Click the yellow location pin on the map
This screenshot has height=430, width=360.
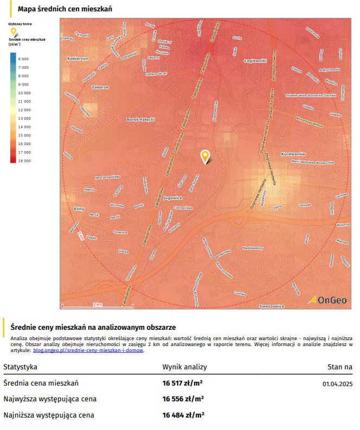205,156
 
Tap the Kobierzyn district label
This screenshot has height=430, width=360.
77,58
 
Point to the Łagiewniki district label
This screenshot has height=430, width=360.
255,61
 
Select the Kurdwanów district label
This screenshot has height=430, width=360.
294,154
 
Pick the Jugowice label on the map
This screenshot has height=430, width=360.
172,198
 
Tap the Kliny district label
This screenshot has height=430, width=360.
79,209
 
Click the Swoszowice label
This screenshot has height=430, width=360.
272,306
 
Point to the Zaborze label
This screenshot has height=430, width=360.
100,87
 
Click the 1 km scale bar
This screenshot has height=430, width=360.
98,306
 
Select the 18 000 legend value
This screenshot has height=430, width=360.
23,161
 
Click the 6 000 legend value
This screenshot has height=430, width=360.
23,58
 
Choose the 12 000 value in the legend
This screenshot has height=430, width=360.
24,110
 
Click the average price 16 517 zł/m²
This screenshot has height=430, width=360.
183,383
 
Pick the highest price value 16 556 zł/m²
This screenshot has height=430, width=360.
183,399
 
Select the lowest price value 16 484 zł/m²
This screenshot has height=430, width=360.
183,415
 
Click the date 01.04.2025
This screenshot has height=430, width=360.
337,384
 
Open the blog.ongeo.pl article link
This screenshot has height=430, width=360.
88,350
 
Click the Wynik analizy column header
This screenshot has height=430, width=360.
184,367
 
